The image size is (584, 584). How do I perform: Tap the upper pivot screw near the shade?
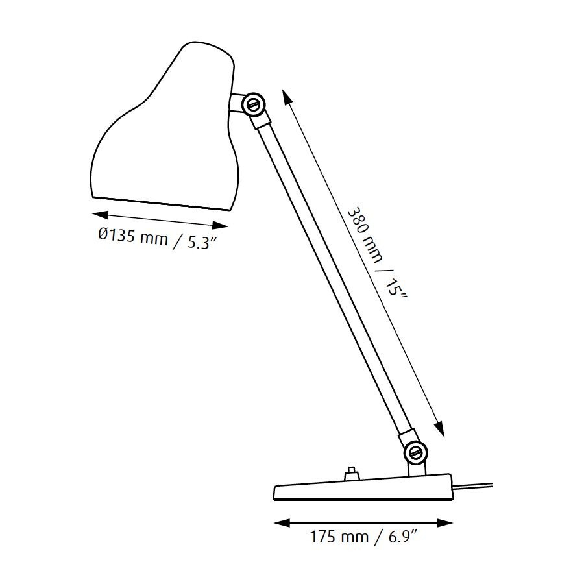[x=252, y=103]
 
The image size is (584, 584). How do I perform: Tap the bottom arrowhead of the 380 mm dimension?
[x=439, y=430]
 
